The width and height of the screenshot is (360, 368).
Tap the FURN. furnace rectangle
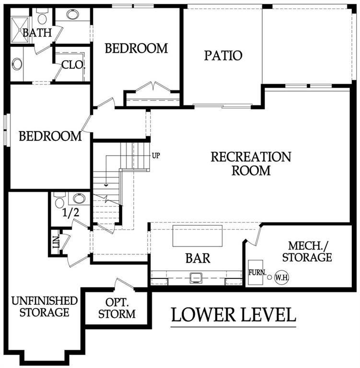point(255,272)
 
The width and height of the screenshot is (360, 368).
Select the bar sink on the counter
point(196,278)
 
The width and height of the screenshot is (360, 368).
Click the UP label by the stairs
point(156,156)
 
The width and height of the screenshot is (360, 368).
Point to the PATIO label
point(223,56)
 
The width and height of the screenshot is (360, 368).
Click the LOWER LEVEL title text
point(233,314)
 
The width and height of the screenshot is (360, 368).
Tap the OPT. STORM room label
point(116,308)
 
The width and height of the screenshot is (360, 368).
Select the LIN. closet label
point(56,241)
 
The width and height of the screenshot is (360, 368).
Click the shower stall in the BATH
point(20,30)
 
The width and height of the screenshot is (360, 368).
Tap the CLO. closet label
point(73,65)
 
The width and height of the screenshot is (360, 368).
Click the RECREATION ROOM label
point(251,163)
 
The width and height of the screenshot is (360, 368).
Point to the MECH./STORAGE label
point(307,252)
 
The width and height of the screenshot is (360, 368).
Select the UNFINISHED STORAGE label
point(45,307)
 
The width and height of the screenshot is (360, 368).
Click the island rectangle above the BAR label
point(197,236)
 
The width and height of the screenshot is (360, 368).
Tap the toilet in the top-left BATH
point(42,16)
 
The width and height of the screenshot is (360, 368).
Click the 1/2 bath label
point(70,213)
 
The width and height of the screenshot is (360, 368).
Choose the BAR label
point(198,258)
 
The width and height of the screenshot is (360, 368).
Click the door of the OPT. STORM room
point(125,283)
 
